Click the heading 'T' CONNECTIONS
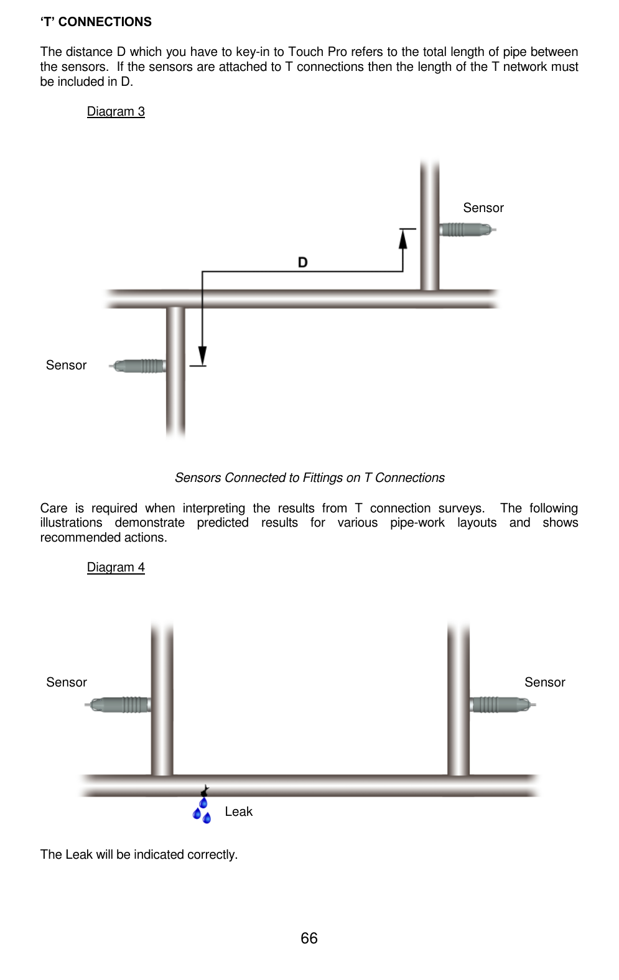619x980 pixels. pyautogui.click(x=96, y=22)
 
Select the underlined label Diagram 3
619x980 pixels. pyautogui.click(x=116, y=111)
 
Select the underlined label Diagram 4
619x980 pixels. pyautogui.click(x=116, y=567)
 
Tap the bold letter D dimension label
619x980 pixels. pyautogui.click(x=302, y=262)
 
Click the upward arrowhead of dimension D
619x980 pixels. pyautogui.click(x=403, y=239)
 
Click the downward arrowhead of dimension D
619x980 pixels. pyautogui.click(x=202, y=356)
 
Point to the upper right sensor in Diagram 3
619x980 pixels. pyautogui.click(x=467, y=229)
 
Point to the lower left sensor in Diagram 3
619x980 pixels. pyautogui.click(x=138, y=366)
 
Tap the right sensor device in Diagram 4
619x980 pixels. pyautogui.click(x=501, y=705)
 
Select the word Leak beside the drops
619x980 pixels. pyautogui.click(x=238, y=811)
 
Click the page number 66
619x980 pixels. pyautogui.click(x=309, y=938)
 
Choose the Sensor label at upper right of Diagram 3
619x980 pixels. pyautogui.click(x=483, y=208)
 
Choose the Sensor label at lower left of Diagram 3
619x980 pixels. pyautogui.click(x=66, y=365)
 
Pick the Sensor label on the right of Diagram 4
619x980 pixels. pyautogui.click(x=544, y=682)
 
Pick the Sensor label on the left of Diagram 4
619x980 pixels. pyautogui.click(x=66, y=682)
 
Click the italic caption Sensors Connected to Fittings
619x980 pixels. pyautogui.click(x=309, y=478)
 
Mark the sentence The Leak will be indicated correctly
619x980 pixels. pyautogui.click(x=139, y=854)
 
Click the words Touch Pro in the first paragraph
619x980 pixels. pyautogui.click(x=317, y=52)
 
